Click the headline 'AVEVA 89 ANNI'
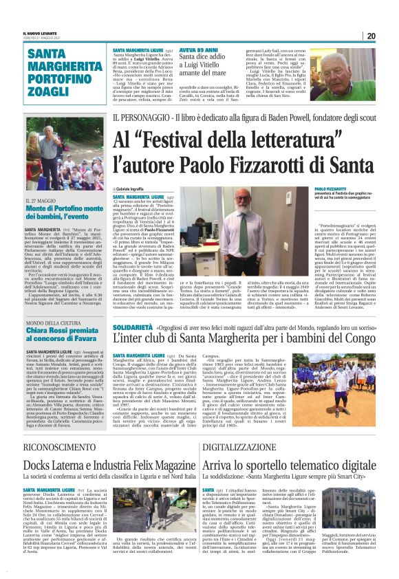tap(198, 50)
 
